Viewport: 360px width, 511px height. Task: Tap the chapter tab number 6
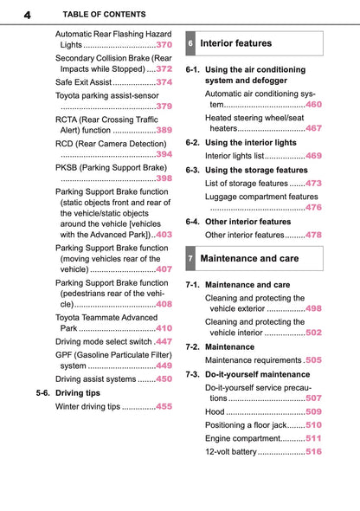(x=190, y=43)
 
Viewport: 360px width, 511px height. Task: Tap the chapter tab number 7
(x=190, y=259)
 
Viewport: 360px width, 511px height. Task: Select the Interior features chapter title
(x=235, y=43)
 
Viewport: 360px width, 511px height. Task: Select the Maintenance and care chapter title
(x=249, y=259)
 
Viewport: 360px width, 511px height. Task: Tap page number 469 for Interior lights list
(x=313, y=156)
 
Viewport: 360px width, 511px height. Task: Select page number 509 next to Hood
(x=313, y=411)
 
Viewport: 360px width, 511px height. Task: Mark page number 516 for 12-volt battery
(x=313, y=451)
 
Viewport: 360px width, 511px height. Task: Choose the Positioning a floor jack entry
(x=245, y=425)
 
